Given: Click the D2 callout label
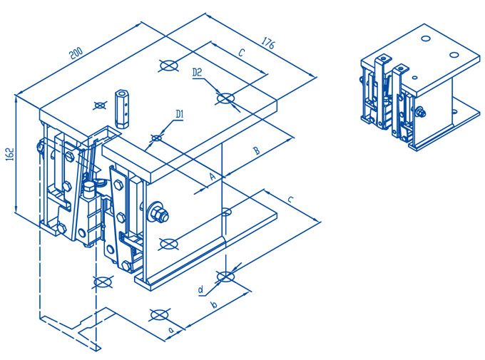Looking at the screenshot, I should [199, 72].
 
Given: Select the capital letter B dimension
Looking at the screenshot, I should [257, 150].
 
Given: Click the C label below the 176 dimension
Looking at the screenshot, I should [241, 53].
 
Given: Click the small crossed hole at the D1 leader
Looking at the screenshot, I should [156, 137].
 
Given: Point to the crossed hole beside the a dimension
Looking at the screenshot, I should [158, 314].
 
